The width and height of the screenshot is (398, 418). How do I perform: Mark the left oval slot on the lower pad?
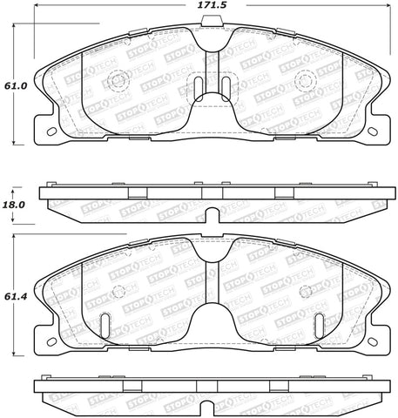point(105,324)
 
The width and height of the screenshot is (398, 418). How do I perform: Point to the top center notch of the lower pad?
point(211,246)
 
